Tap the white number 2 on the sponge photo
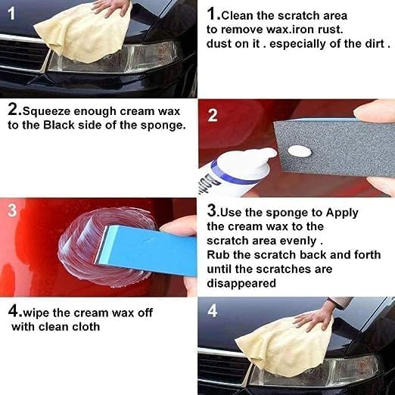pos(213,116)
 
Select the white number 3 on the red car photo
pos(11,210)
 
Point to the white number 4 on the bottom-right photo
pos(212,310)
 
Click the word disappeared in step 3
pos(241,283)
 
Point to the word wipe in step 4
pos(39,312)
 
